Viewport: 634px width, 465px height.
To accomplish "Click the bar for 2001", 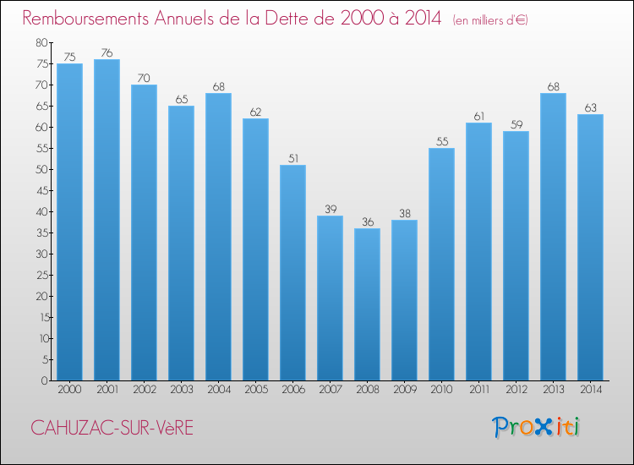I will (107, 220).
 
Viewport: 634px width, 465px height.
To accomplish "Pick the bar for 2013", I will (553, 237).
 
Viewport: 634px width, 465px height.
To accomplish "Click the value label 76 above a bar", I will (107, 52).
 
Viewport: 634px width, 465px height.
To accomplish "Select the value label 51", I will (292, 158).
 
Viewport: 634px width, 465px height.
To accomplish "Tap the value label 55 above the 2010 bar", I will (441, 141).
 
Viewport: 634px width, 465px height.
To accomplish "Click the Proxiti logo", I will (536, 427).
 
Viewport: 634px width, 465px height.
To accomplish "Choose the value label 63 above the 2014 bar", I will (590, 107).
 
